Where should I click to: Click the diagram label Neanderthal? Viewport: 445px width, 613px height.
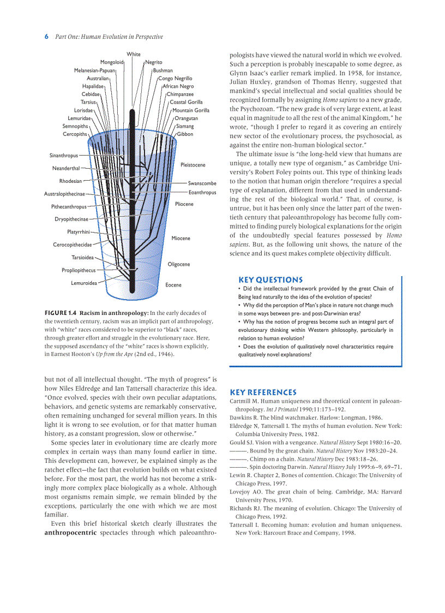coord(66,168)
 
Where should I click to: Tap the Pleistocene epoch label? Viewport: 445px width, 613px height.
coord(193,165)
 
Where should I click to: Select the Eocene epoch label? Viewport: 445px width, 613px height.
coord(173,285)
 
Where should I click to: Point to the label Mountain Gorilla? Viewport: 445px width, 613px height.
coord(191,110)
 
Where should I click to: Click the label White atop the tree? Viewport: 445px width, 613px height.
coord(134,54)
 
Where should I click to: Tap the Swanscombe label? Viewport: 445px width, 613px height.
coord(202,183)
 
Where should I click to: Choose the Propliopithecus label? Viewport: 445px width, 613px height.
coord(79,270)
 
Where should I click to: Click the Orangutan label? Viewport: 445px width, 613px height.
coord(187,118)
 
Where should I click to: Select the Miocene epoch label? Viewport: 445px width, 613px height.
coord(181,239)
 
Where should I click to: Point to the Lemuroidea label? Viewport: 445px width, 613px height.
coord(84,283)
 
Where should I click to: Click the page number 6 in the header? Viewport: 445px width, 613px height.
coord(46,37)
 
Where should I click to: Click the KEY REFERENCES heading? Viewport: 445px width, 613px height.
coord(263,392)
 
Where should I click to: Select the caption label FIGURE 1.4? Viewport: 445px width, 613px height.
coord(61,313)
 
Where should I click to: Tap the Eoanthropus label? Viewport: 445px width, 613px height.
coord(202,193)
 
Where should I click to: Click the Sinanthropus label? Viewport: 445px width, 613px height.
coord(64,156)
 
